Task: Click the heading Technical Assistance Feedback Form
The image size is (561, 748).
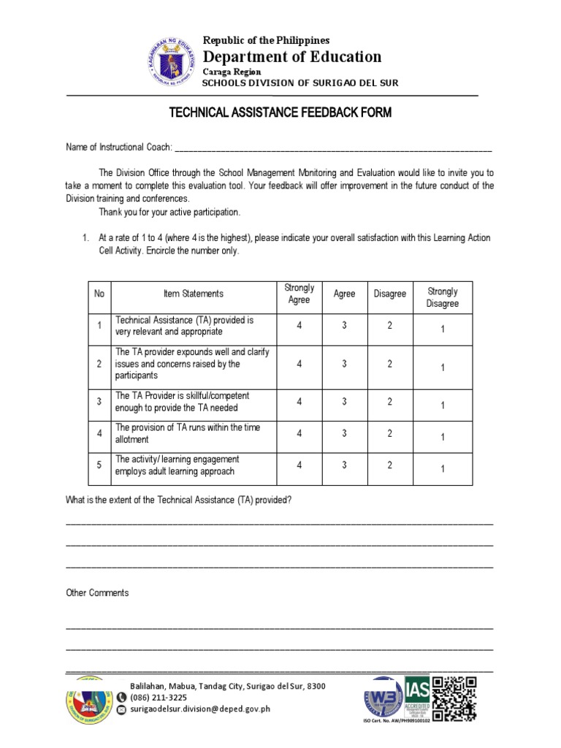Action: [x=280, y=112]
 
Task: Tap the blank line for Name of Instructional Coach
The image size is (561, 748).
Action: [x=333, y=148]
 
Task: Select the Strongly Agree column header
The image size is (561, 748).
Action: [x=299, y=294]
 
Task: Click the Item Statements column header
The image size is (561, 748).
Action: [x=194, y=294]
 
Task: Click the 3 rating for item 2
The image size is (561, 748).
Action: [x=344, y=364]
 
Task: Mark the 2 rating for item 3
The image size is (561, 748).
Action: [x=389, y=402]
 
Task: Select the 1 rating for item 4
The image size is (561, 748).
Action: [x=443, y=437]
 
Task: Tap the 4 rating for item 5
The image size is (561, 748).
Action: [x=299, y=465]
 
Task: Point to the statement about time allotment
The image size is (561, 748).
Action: [x=187, y=433]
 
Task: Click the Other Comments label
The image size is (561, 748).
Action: [x=97, y=593]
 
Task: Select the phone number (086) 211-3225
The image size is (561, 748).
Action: [x=158, y=698]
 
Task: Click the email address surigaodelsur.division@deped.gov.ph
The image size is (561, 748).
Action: [x=200, y=709]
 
